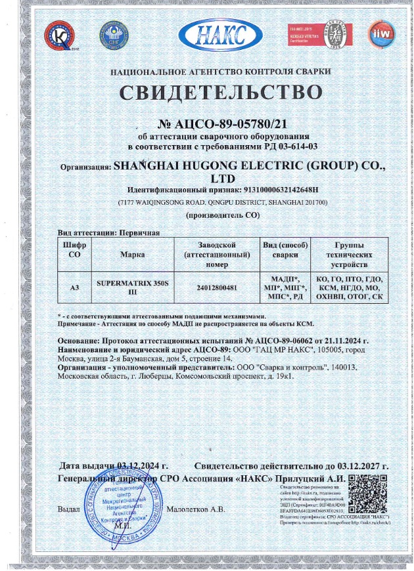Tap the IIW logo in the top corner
point(382,32)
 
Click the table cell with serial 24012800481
point(216,287)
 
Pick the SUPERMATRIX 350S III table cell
point(124,286)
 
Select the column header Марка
point(124,254)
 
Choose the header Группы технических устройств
point(348,254)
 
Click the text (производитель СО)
point(223,215)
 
